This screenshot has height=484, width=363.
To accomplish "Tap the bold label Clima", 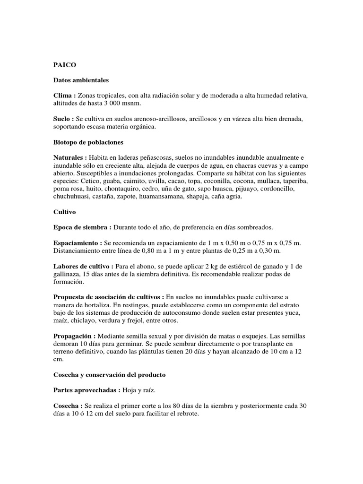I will [x=64, y=96].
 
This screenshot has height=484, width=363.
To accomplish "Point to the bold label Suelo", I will [x=64, y=120].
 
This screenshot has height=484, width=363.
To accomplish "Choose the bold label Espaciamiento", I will [x=78, y=243].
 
